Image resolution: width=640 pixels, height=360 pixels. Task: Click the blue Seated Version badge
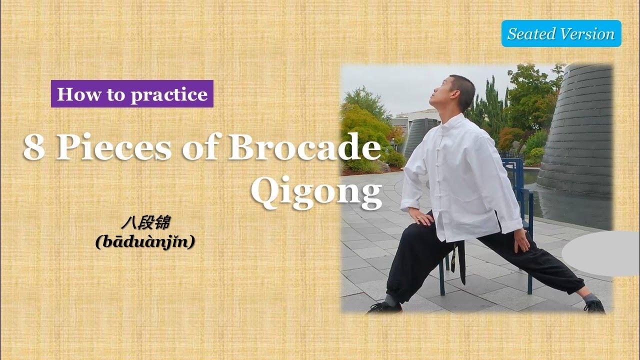pyautogui.click(x=561, y=34)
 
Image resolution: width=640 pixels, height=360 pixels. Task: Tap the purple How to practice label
pyautogui.click(x=132, y=94)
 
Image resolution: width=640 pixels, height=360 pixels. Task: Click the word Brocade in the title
pyautogui.click(x=304, y=148)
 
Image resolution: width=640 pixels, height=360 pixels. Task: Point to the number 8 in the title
pyautogui.click(x=34, y=148)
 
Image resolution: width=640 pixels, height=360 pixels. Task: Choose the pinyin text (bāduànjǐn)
pyautogui.click(x=144, y=242)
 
